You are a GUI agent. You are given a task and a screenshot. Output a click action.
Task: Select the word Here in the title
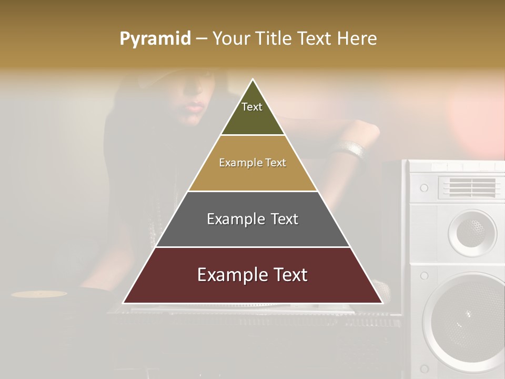tap(357, 39)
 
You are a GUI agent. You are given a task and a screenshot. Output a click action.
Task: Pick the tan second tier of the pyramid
tap(252, 176)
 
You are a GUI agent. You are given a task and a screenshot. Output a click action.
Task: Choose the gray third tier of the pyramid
tap(252, 232)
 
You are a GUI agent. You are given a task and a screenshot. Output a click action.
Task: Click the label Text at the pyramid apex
tap(252, 107)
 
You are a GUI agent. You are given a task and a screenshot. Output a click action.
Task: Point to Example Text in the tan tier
tap(252, 163)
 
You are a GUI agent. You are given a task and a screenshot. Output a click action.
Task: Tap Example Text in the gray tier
tap(252, 219)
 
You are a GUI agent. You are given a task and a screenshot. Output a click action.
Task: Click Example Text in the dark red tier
tap(252, 275)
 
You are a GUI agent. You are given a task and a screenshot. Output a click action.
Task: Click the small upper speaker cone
tap(472, 232)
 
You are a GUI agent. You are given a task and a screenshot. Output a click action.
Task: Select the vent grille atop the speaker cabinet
tap(467, 187)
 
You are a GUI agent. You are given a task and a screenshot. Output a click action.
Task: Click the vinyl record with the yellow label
tap(39, 294)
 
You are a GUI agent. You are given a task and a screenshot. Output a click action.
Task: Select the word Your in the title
tap(231, 39)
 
